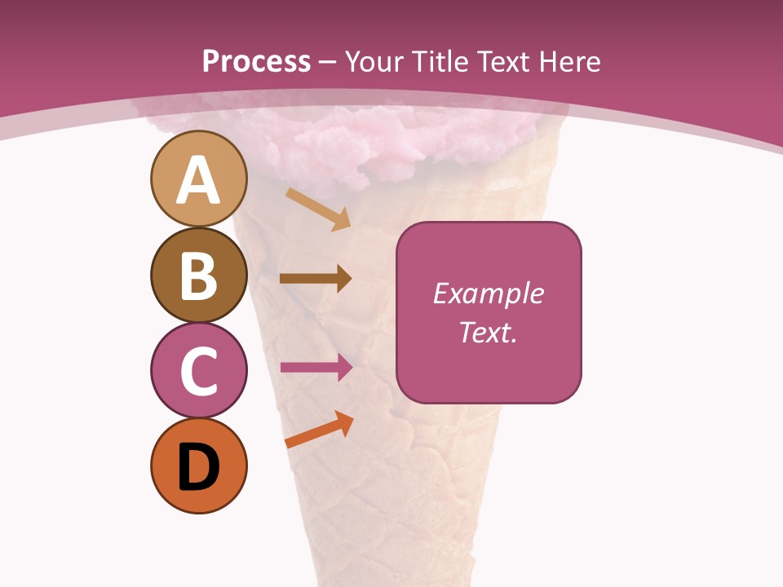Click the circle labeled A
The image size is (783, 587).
pos(198,179)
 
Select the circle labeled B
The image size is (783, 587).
pos(198,275)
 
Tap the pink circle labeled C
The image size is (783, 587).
pos(198,370)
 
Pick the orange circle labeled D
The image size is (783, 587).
pos(198,466)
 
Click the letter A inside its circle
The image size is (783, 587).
pos(198,180)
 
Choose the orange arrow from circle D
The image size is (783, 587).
pos(319,430)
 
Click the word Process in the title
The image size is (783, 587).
pos(256,61)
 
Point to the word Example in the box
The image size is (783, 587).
pos(488,293)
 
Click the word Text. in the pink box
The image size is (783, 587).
pos(488,333)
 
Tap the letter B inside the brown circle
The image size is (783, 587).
pos(198,276)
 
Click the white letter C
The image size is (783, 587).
pos(198,372)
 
